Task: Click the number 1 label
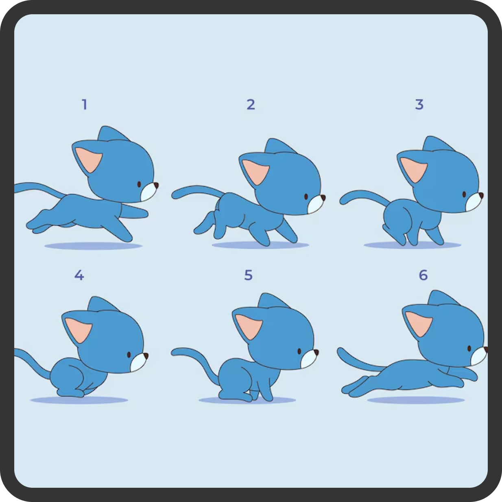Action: (x=84, y=105)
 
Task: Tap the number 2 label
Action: (x=251, y=105)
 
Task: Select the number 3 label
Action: (x=419, y=105)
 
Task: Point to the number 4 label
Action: (x=79, y=275)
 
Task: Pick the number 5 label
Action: (x=248, y=275)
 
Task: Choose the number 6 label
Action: (x=423, y=275)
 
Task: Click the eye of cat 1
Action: (x=139, y=184)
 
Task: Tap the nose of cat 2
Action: (x=323, y=197)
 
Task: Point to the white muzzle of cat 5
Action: (x=308, y=359)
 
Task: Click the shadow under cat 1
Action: (x=93, y=246)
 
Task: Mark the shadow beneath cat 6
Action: (x=416, y=400)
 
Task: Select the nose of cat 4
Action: (x=146, y=356)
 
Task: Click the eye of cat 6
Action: (x=469, y=349)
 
